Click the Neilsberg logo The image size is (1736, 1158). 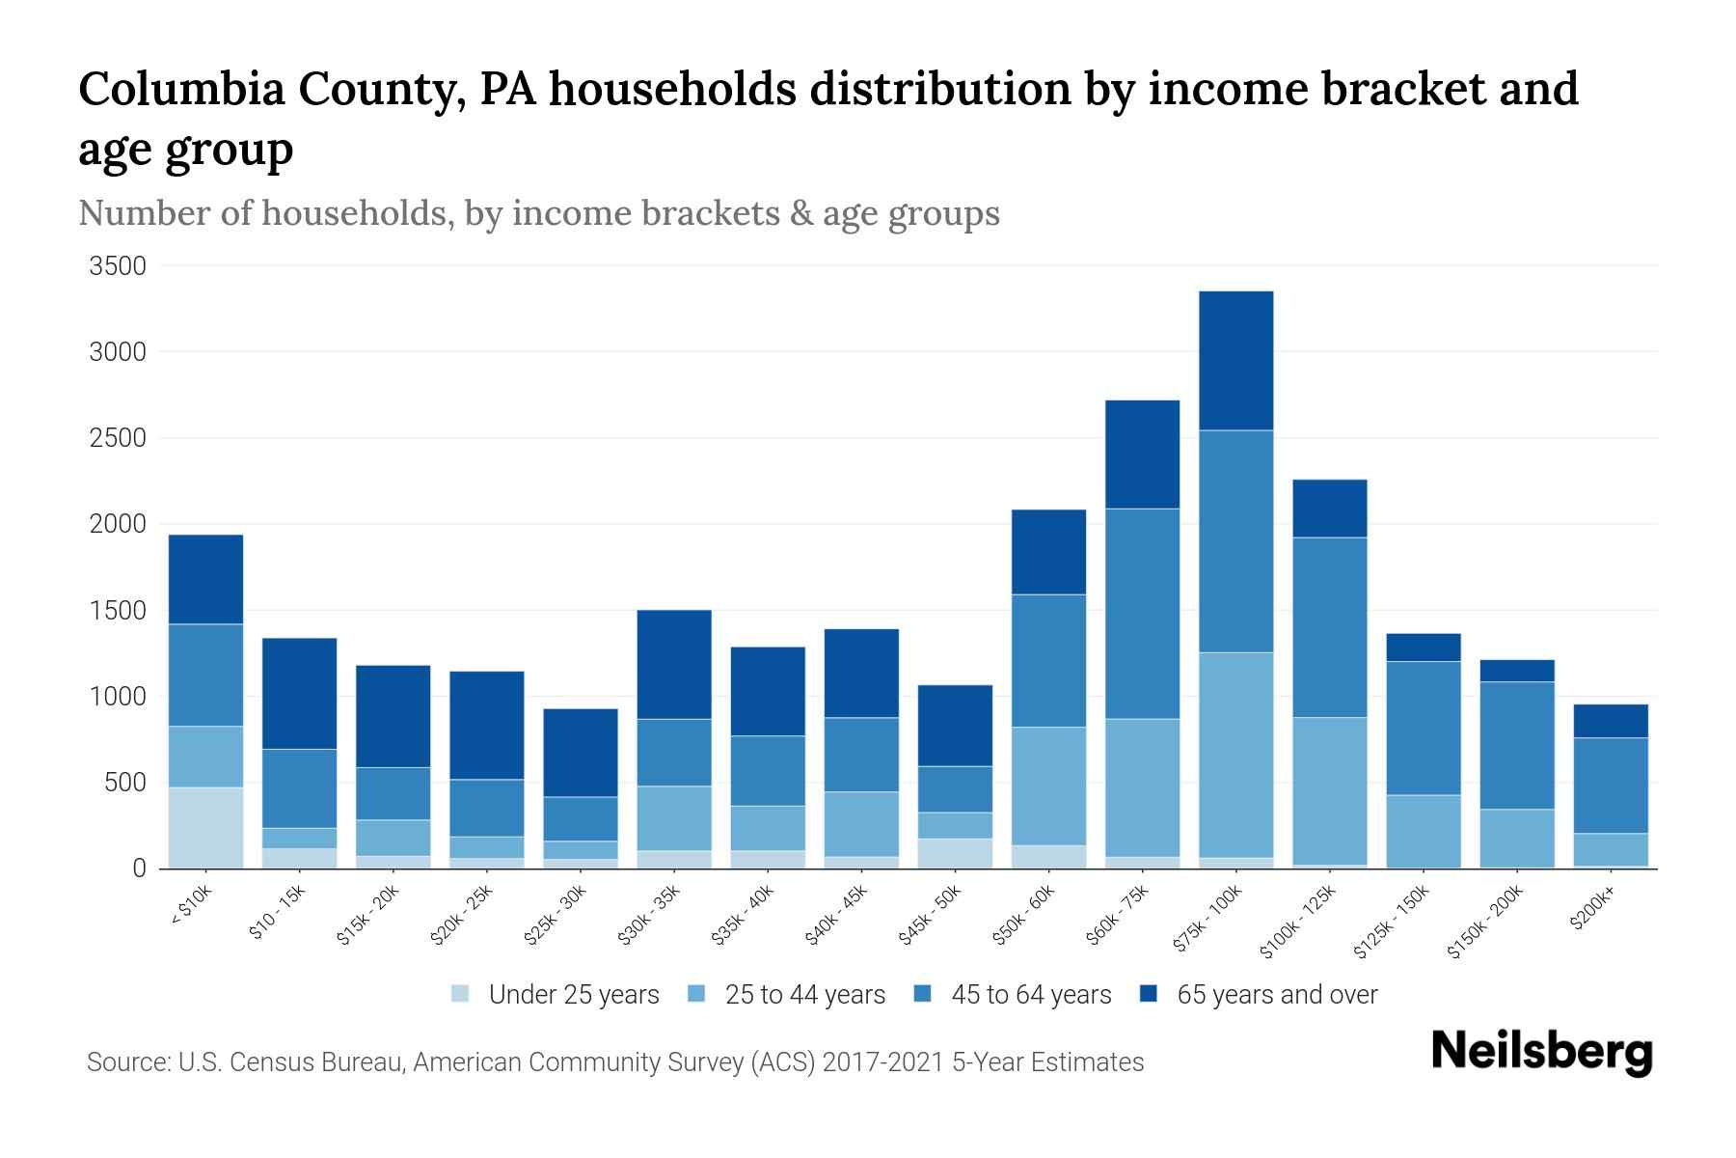(x=1541, y=1052)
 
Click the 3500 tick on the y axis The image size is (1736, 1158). (x=118, y=266)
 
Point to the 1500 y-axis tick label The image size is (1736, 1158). (x=118, y=611)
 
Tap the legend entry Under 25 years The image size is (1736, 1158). (x=574, y=995)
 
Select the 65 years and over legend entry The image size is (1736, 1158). (x=1277, y=995)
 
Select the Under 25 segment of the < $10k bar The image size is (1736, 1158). (x=205, y=828)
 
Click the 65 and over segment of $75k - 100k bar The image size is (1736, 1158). (x=1235, y=361)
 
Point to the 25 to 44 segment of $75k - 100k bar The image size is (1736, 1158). (x=1235, y=755)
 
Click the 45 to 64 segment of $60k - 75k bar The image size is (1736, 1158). (x=1142, y=614)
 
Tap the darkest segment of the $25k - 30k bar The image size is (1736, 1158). (x=581, y=753)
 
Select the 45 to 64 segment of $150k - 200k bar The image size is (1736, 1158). (x=1517, y=745)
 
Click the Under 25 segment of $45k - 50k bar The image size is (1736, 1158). (x=955, y=853)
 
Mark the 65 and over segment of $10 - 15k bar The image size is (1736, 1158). (x=299, y=693)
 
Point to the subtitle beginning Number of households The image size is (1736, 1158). (x=538, y=213)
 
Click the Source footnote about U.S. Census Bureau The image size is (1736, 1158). (x=614, y=1062)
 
